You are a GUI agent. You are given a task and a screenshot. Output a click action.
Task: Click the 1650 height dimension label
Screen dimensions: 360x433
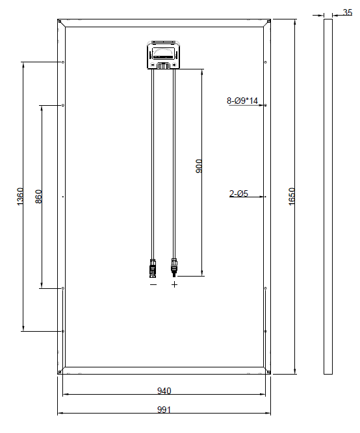(292, 196)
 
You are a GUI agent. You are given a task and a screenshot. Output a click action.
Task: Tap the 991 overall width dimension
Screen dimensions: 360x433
(164, 410)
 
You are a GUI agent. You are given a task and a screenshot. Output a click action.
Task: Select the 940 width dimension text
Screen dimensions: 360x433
(164, 391)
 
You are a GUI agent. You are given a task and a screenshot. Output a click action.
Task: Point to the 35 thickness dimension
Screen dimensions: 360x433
(347, 12)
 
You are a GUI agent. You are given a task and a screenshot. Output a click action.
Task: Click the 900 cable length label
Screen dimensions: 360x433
(199, 166)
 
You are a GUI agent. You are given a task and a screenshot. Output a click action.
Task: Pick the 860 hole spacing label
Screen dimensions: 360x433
(39, 197)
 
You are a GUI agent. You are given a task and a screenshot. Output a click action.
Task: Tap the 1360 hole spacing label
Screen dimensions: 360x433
(20, 197)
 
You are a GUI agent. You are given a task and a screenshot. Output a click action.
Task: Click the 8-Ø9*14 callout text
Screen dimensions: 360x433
(242, 101)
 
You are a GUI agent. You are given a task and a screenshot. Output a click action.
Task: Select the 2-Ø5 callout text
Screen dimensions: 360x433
(238, 193)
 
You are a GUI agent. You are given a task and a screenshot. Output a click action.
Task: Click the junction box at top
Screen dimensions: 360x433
(163, 55)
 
